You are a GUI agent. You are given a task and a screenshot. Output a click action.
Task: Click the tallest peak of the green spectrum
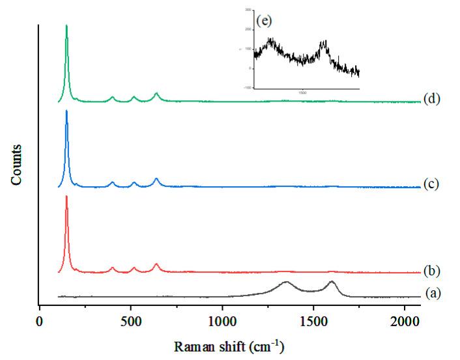[66, 26]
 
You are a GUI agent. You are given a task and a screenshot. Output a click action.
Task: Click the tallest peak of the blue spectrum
[66, 111]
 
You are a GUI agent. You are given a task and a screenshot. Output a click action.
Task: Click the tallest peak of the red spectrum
[66, 197]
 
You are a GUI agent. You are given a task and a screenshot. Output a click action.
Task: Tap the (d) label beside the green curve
[431, 99]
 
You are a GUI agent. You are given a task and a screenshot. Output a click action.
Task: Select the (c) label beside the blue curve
[431, 184]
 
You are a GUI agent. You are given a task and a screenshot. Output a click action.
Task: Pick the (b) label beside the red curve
[431, 270]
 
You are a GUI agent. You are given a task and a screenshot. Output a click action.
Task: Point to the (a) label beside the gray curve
[433, 293]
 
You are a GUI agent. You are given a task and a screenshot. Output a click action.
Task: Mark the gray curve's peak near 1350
[285, 282]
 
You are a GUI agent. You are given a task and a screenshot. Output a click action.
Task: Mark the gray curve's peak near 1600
[332, 281]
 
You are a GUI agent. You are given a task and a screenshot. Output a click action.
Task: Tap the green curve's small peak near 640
[156, 94]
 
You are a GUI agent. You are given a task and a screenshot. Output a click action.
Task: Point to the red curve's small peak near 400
[113, 268]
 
